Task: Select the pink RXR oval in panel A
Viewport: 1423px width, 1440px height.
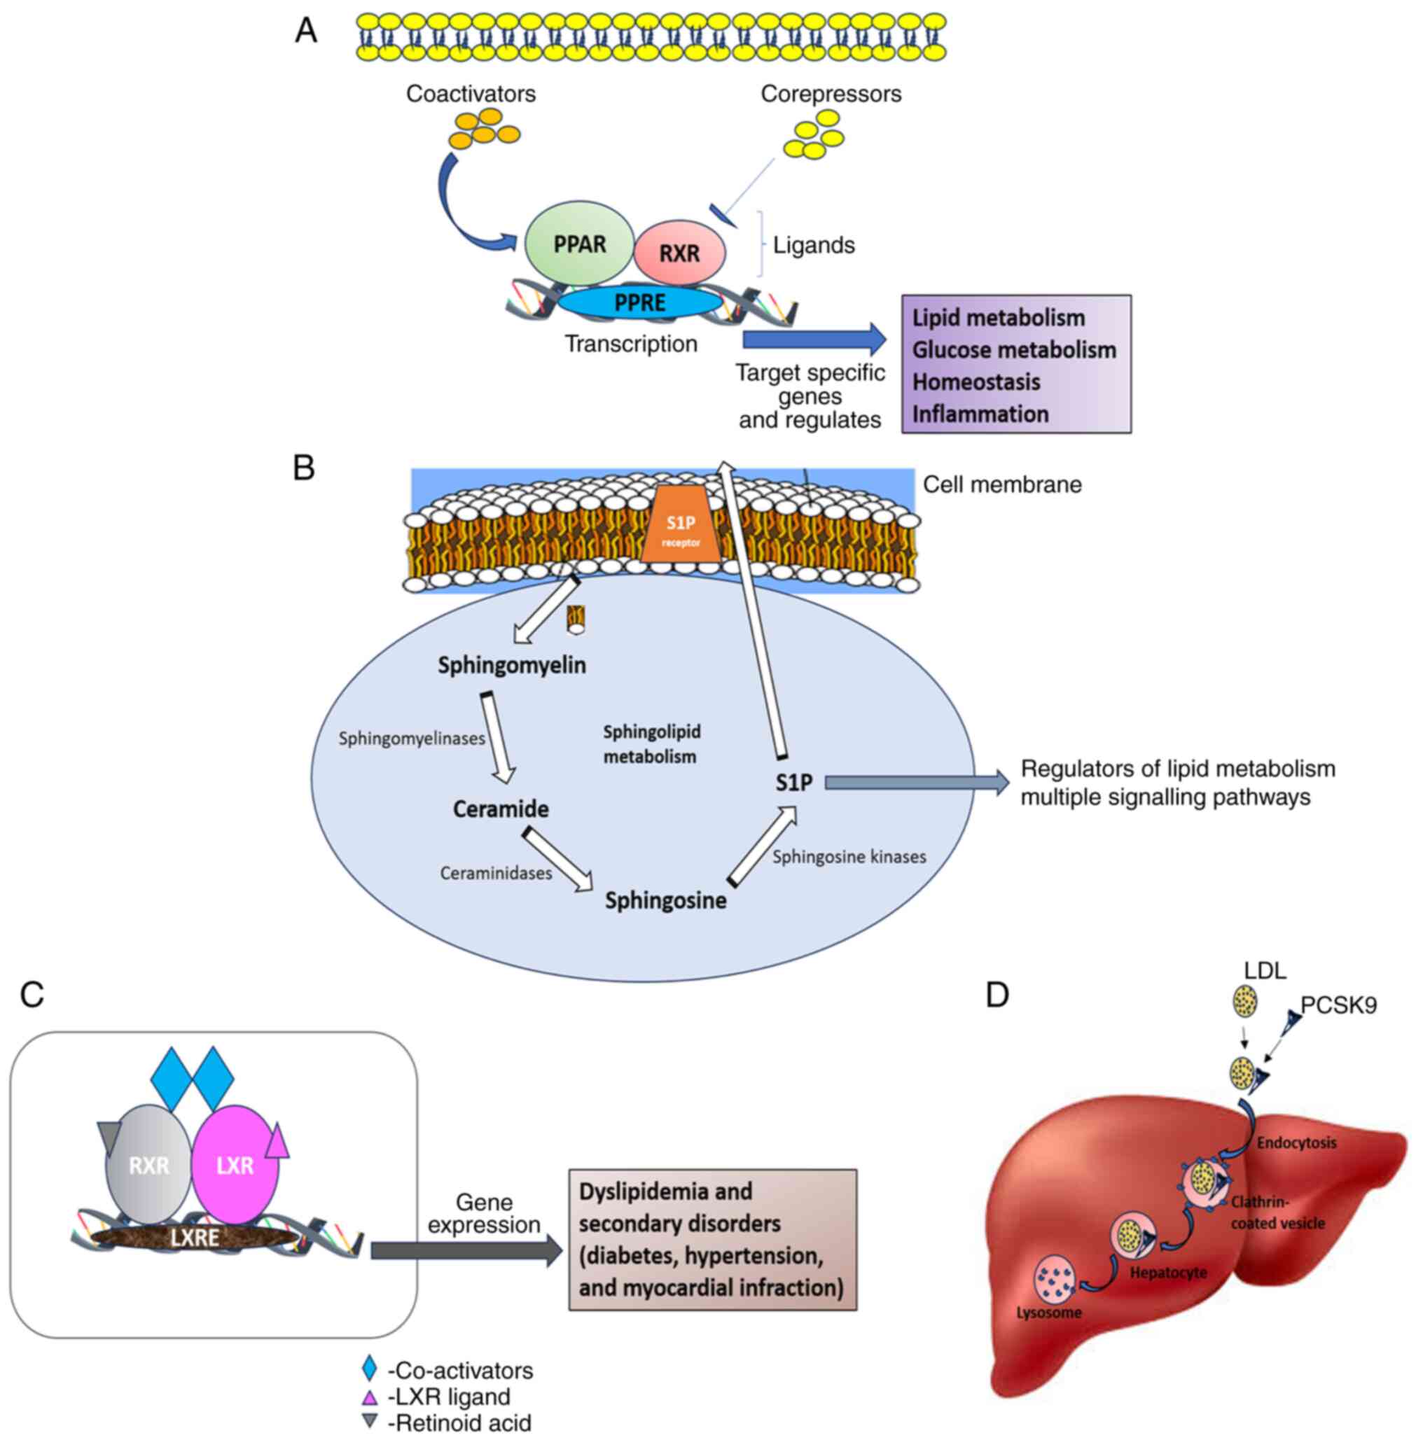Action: click(x=679, y=253)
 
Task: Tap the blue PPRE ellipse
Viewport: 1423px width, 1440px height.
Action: click(x=639, y=302)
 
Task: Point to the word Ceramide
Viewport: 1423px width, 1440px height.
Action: click(x=501, y=809)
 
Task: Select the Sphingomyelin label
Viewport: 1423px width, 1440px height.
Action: click(x=511, y=665)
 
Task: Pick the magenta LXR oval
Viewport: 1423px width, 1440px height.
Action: click(x=235, y=1165)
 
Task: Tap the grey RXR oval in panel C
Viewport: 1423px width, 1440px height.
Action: click(x=148, y=1165)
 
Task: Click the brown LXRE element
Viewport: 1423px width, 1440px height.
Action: click(x=195, y=1238)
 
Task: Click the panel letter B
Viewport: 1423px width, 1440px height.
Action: click(x=303, y=468)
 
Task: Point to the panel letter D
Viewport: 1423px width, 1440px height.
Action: click(x=997, y=995)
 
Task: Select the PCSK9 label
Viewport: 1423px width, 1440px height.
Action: click(x=1338, y=1005)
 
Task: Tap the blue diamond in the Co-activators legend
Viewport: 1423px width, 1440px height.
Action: click(x=369, y=1369)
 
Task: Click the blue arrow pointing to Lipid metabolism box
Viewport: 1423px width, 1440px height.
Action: click(x=813, y=340)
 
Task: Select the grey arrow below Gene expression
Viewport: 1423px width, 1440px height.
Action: click(x=466, y=1250)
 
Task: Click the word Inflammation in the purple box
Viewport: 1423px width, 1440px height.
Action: click(x=980, y=414)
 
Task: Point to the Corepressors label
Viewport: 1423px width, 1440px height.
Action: click(x=831, y=94)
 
